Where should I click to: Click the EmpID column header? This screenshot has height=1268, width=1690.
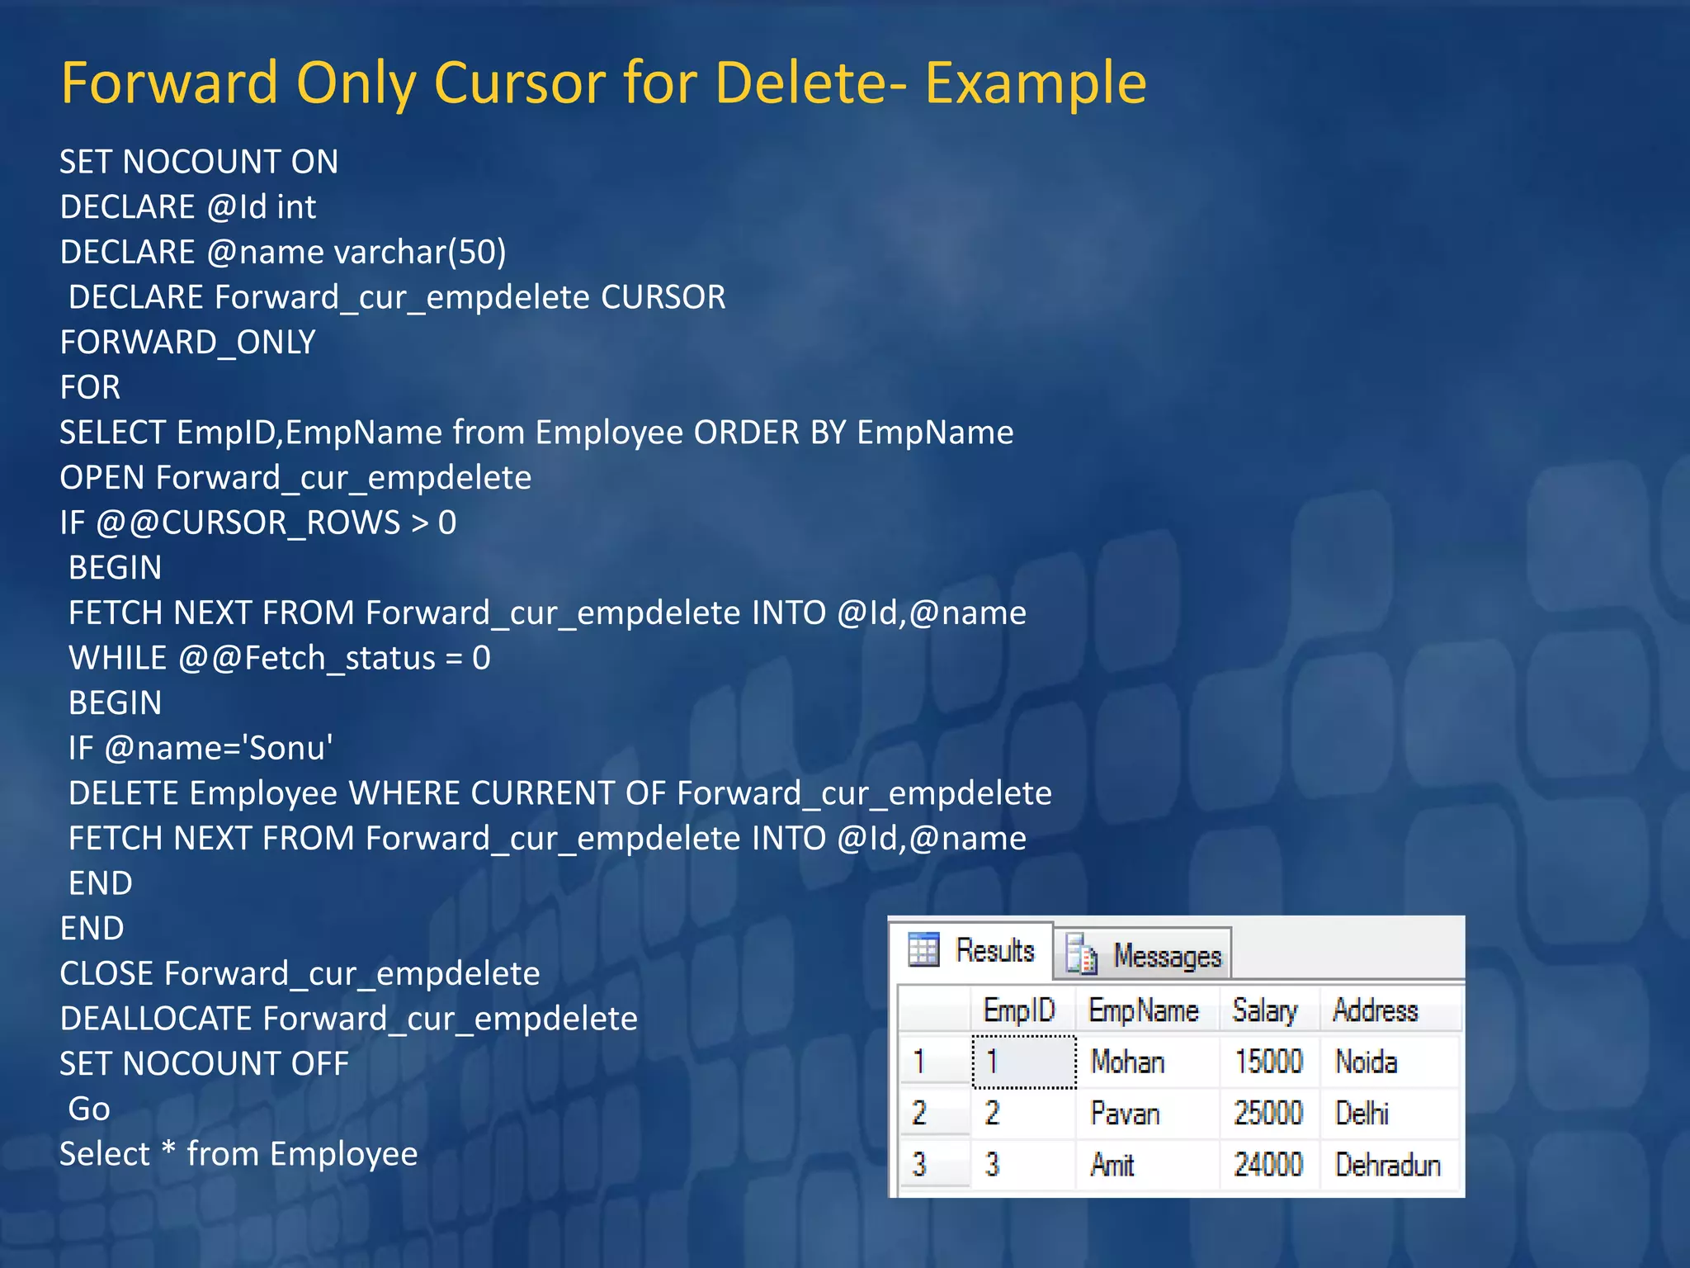(x=1018, y=1010)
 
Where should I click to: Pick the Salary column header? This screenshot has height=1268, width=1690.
(x=1264, y=1010)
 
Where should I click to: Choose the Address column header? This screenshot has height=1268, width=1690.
(x=1375, y=1010)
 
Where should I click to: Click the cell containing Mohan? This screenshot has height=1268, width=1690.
(x=1126, y=1062)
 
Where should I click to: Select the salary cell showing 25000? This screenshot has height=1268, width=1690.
(x=1267, y=1114)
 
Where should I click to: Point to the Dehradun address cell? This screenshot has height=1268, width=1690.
(x=1387, y=1165)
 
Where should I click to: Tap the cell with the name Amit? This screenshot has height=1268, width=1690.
(x=1112, y=1165)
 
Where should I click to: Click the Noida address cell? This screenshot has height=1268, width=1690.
(x=1366, y=1062)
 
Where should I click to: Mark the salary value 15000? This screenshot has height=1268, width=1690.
(x=1267, y=1062)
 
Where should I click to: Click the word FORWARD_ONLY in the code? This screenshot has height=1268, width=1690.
(x=187, y=343)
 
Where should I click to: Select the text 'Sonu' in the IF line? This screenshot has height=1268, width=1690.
(x=290, y=748)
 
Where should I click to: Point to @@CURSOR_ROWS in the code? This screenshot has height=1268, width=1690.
(x=248, y=523)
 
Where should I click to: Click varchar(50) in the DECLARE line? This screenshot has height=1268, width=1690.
(x=419, y=253)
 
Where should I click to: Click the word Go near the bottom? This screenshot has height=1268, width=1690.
(x=89, y=1109)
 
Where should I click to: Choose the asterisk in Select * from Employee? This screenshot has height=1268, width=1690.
(x=168, y=1151)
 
